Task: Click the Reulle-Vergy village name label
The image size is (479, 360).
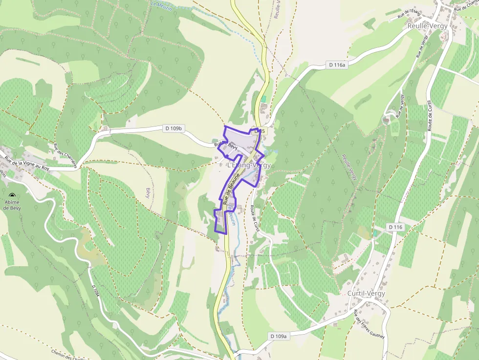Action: pyautogui.click(x=427, y=26)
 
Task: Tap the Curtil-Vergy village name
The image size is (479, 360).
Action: pyautogui.click(x=366, y=294)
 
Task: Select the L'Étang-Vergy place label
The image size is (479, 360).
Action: pyautogui.click(x=249, y=166)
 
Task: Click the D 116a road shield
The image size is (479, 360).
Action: pyautogui.click(x=336, y=65)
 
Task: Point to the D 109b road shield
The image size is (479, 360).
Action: pyautogui.click(x=174, y=128)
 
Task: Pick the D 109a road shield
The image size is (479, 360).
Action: pyautogui.click(x=279, y=336)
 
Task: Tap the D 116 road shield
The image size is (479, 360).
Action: pyautogui.click(x=396, y=227)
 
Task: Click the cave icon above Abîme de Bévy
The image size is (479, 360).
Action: pyautogui.click(x=12, y=195)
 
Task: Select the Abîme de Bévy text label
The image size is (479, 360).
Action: pyautogui.click(x=12, y=205)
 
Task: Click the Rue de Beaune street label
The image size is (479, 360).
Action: pyautogui.click(x=231, y=188)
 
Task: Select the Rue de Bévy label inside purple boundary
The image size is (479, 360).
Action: pyautogui.click(x=225, y=145)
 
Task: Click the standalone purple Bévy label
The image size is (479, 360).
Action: pyautogui.click(x=148, y=192)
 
